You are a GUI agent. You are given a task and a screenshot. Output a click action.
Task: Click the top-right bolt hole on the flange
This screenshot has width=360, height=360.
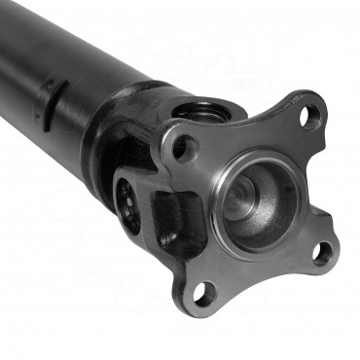(x=309, y=117)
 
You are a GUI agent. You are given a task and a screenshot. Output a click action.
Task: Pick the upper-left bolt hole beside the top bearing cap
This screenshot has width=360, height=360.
(x=184, y=149)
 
